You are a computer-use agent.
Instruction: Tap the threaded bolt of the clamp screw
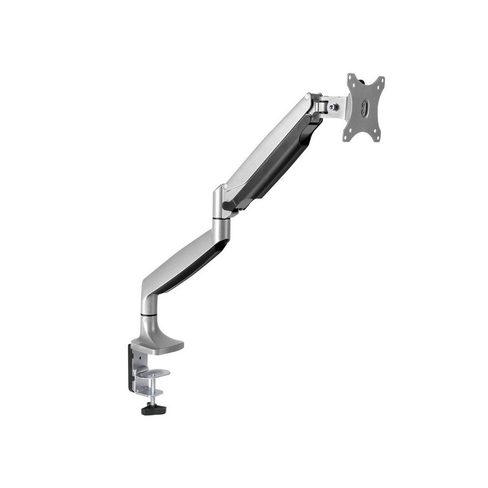click(153, 390)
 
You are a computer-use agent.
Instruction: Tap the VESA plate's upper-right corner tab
click(381, 80)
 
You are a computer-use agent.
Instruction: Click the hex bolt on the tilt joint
click(333, 107)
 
